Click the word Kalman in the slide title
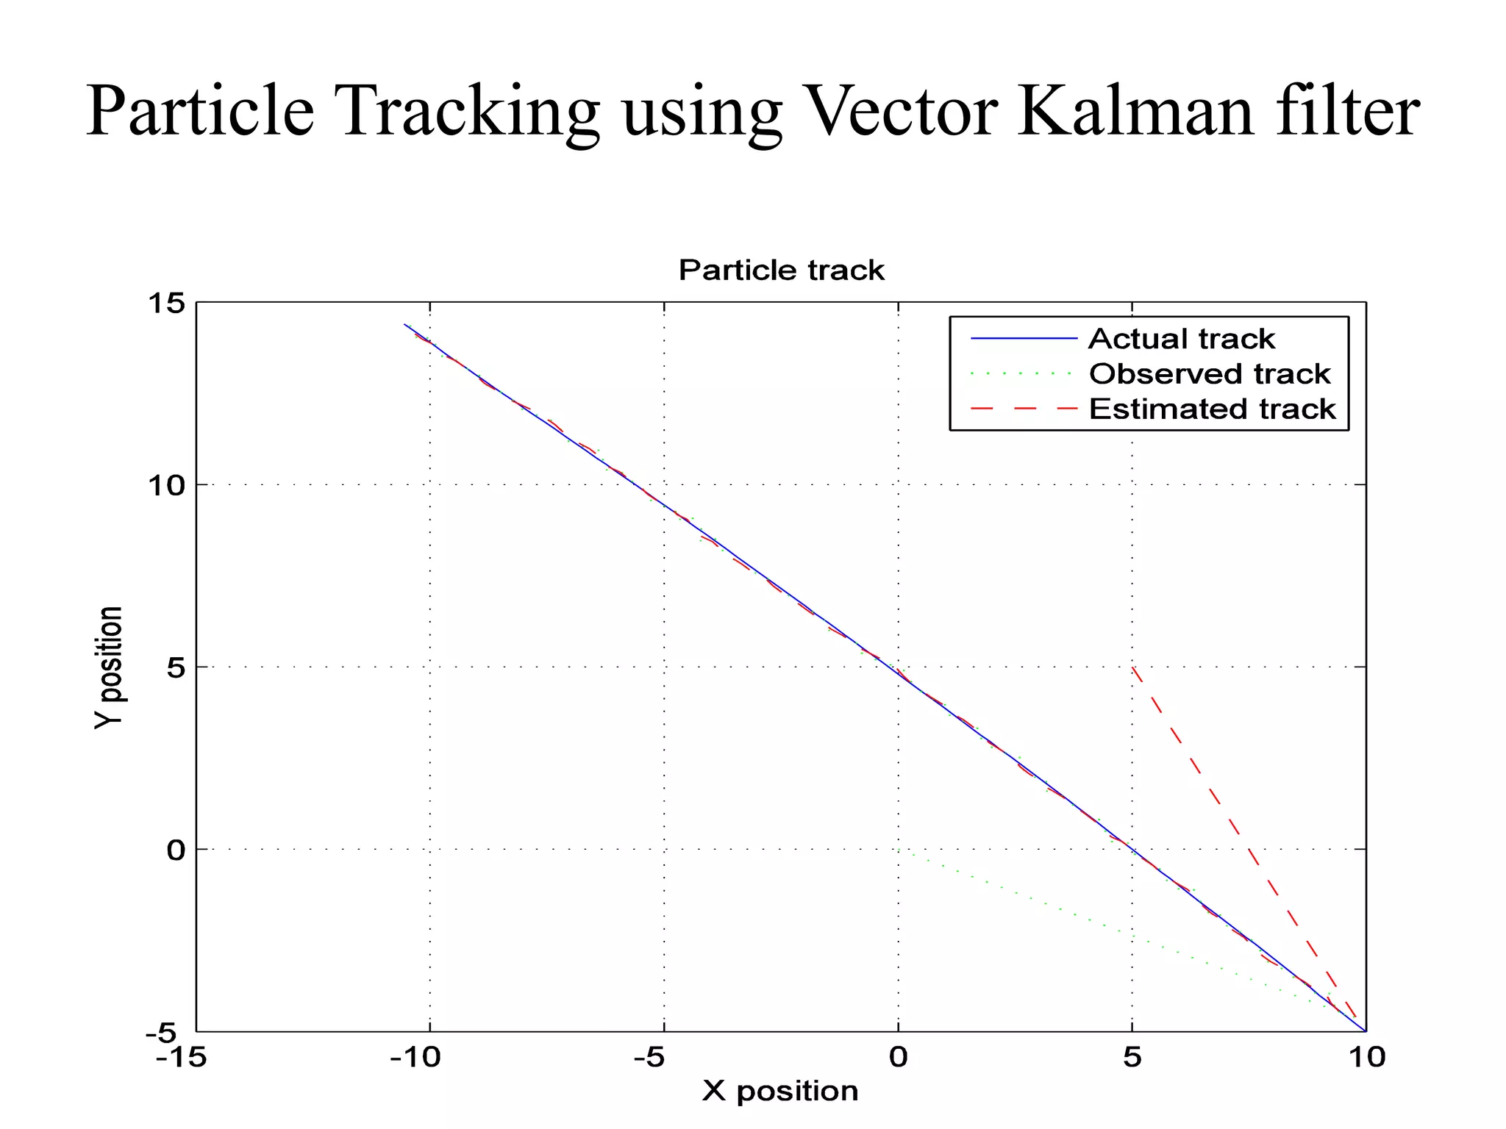(x=1135, y=112)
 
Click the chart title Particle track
(x=781, y=270)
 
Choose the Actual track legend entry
(x=1181, y=339)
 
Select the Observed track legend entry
(x=1210, y=374)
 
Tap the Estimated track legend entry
(x=1212, y=409)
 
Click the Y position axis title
(x=109, y=667)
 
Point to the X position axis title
(x=780, y=1091)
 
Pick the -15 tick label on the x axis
(x=181, y=1058)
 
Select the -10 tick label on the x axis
(x=416, y=1058)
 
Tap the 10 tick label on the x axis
(x=1366, y=1058)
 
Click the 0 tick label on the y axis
(x=176, y=850)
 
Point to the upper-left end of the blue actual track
(x=404, y=324)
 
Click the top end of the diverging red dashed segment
(x=1132, y=667)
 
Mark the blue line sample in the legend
(x=1024, y=339)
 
